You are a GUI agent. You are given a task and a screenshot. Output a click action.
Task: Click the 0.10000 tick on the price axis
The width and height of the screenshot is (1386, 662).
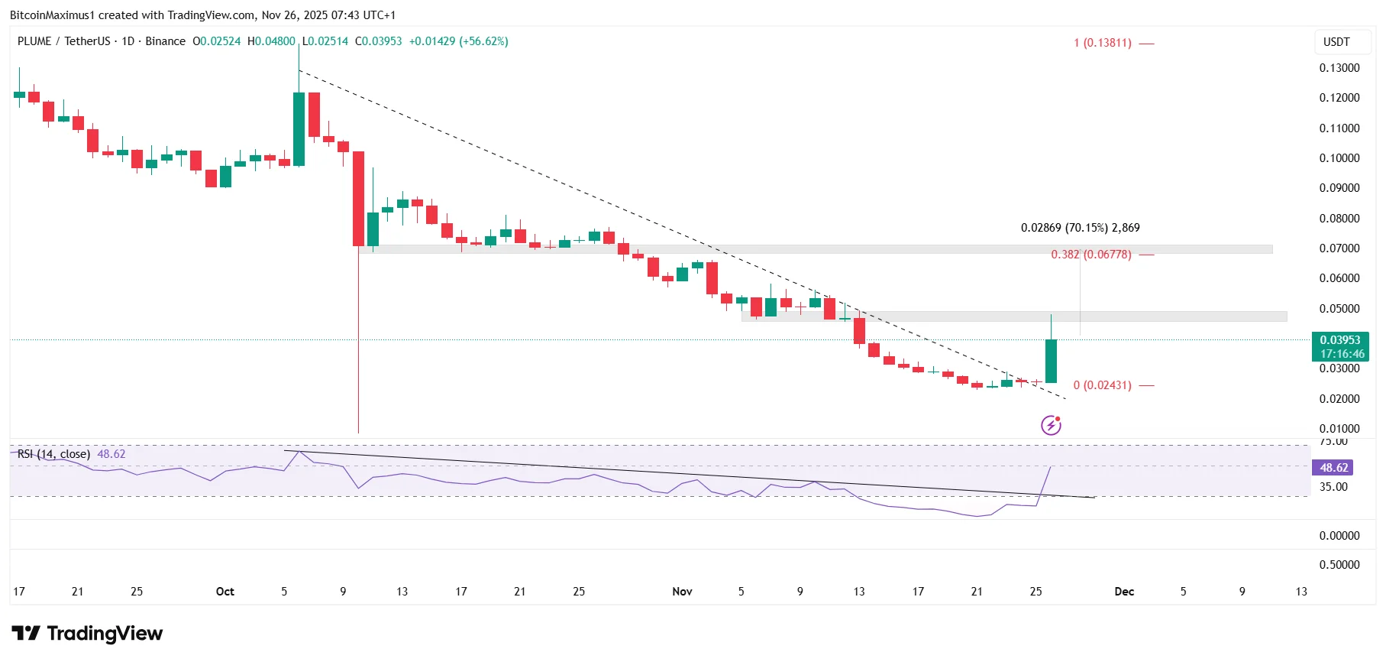[1339, 158]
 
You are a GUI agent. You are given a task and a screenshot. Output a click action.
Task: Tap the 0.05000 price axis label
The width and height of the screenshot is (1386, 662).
[1339, 309]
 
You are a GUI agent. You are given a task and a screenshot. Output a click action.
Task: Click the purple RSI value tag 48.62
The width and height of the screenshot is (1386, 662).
[1333, 468]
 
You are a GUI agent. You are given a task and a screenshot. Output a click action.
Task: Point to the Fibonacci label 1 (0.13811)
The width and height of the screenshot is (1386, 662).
[1102, 43]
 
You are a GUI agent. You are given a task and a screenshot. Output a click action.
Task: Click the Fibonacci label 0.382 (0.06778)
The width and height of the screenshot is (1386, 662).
[1090, 255]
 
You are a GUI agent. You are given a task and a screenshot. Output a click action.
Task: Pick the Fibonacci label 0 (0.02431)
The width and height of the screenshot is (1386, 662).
[1102, 385]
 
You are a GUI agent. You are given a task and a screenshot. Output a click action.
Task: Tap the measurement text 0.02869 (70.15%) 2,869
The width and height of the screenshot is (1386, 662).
[1080, 228]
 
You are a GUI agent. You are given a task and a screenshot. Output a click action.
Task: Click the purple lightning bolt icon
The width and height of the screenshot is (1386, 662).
[1051, 425]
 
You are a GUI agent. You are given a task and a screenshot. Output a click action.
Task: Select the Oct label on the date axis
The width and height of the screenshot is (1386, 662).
[225, 592]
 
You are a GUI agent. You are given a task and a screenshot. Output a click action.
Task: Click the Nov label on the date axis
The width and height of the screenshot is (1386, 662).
[682, 592]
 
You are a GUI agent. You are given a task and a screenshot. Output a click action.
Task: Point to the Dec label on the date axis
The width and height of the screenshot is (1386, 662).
[1124, 592]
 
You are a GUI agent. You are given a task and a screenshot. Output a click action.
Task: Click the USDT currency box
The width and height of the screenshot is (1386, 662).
[1336, 42]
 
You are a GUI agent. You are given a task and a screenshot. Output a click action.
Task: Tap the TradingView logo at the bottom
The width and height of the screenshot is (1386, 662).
[87, 634]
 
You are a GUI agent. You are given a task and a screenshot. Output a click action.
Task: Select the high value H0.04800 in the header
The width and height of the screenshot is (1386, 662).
[271, 41]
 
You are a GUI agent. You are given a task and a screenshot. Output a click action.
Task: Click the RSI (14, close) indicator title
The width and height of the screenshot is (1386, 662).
[53, 454]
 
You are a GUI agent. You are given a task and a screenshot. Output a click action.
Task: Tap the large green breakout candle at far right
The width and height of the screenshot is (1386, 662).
[1051, 361]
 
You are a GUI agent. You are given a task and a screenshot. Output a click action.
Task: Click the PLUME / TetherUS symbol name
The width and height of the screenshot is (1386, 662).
[63, 41]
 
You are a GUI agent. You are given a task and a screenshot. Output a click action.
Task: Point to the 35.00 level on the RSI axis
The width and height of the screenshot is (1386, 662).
[1333, 487]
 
